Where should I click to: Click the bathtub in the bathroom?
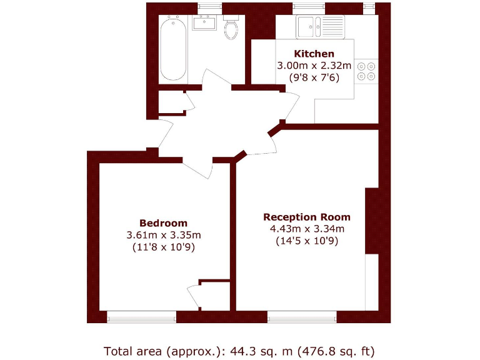[x=172, y=49]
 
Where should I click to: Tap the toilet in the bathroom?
[x=231, y=28]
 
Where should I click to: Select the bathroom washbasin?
[x=204, y=24]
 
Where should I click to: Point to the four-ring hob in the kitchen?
[x=367, y=71]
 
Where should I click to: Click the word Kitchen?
[x=314, y=54]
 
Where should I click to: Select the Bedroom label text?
[x=163, y=223]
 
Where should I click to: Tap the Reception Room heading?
[x=307, y=217]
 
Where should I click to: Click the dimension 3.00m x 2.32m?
[x=314, y=66]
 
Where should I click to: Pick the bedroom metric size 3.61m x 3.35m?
[x=163, y=235]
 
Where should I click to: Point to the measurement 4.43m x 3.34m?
[x=307, y=229]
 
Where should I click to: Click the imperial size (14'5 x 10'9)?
[x=307, y=241]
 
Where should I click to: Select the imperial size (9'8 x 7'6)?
[x=314, y=77]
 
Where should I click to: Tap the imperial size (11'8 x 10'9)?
[x=163, y=247]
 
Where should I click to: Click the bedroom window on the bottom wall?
[x=141, y=317]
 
